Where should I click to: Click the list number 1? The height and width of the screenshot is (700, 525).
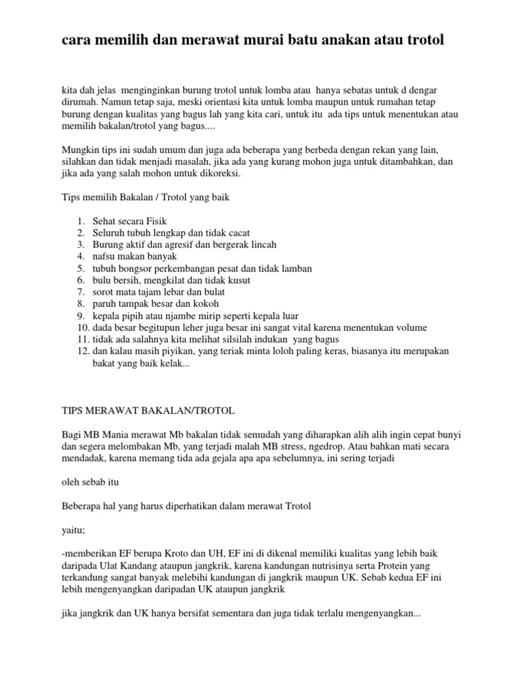tap(80, 221)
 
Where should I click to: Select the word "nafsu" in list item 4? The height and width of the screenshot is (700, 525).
tap(105, 257)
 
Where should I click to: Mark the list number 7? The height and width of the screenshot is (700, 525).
tap(80, 292)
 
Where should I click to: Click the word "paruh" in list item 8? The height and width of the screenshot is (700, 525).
tap(105, 304)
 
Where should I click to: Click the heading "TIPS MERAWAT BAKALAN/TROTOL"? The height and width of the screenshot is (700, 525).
tap(148, 410)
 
